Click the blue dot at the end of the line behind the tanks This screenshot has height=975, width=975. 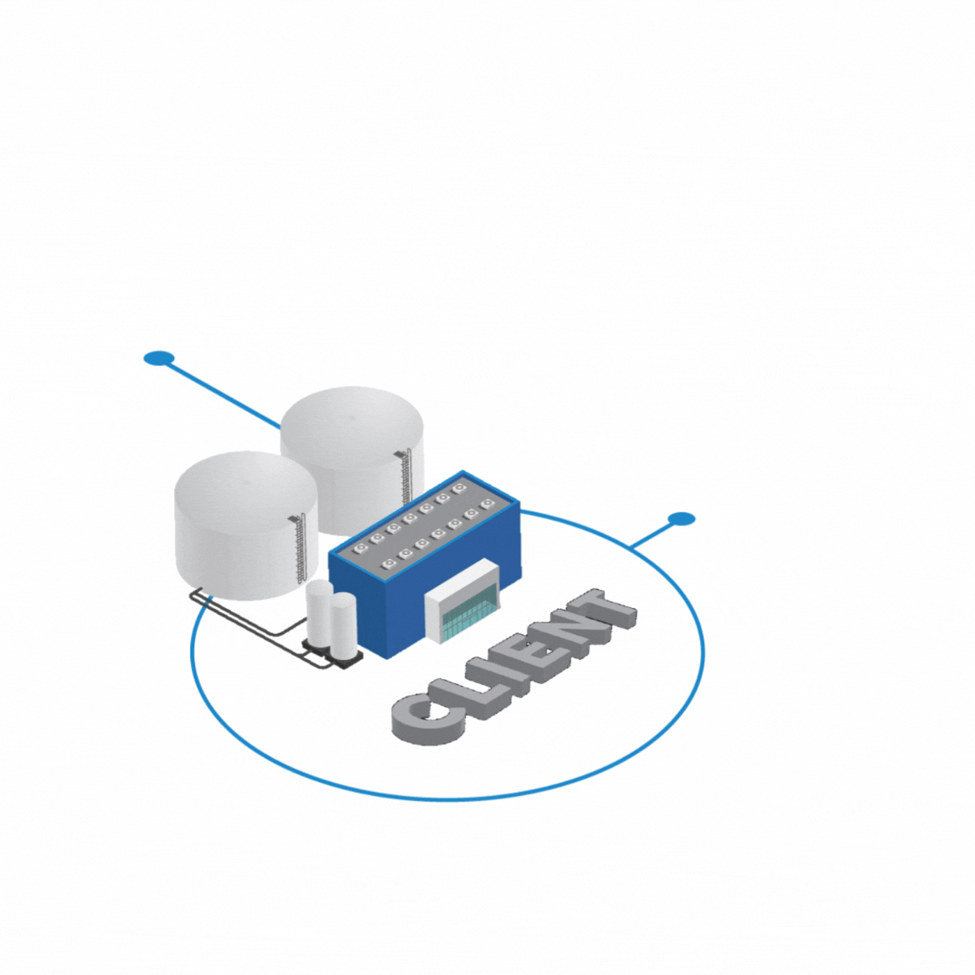158,358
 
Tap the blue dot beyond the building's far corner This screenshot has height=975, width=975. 681,519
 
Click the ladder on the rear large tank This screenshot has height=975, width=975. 405,478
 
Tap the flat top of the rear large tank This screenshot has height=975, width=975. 351,420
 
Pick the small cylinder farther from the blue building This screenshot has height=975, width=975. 319,614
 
